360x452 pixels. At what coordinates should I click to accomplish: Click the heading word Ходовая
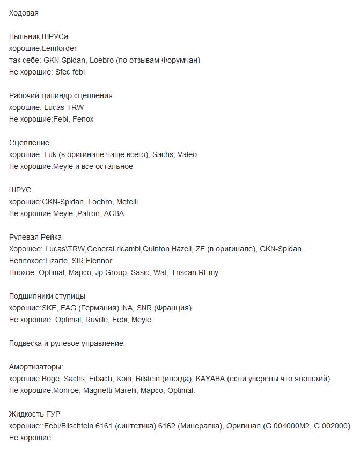click(x=24, y=13)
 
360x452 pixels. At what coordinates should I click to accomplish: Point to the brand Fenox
click(x=83, y=119)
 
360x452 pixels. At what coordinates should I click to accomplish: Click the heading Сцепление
click(x=29, y=143)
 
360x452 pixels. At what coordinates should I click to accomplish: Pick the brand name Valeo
click(x=187, y=154)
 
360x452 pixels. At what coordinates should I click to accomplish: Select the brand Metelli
click(x=127, y=202)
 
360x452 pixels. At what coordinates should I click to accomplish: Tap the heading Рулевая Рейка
click(x=35, y=237)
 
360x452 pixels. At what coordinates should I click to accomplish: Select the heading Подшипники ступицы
click(x=47, y=296)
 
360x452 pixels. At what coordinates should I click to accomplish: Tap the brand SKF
click(x=50, y=308)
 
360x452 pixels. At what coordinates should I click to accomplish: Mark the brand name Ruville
click(x=96, y=320)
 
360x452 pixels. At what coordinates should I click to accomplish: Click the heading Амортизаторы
click(x=36, y=367)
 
